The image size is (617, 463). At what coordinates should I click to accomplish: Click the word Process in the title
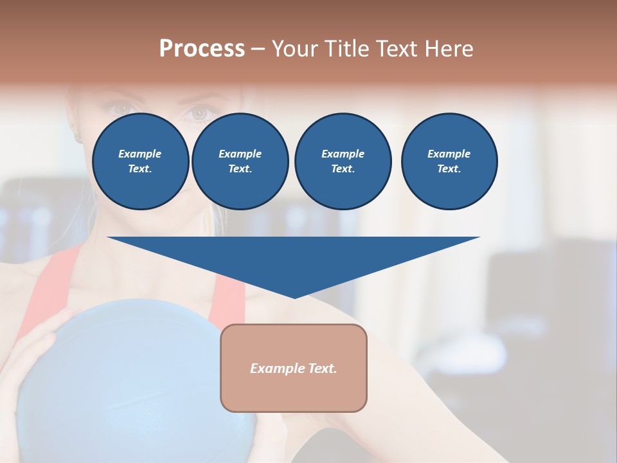[202, 49]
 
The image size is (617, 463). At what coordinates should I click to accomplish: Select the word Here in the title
[449, 49]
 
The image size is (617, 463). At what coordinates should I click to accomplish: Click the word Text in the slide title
[398, 49]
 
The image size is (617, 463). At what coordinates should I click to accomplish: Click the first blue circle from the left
[140, 161]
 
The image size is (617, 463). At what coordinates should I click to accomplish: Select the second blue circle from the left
[240, 161]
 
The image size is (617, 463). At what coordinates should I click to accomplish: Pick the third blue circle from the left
[343, 161]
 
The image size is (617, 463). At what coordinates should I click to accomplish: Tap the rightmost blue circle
[449, 161]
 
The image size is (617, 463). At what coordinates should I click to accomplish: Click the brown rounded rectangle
[294, 368]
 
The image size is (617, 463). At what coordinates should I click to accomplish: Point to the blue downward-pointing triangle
[294, 257]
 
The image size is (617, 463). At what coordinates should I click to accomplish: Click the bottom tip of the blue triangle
[294, 296]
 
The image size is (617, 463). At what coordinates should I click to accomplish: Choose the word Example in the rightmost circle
[449, 154]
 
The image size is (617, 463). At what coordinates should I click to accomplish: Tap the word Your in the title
[296, 49]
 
